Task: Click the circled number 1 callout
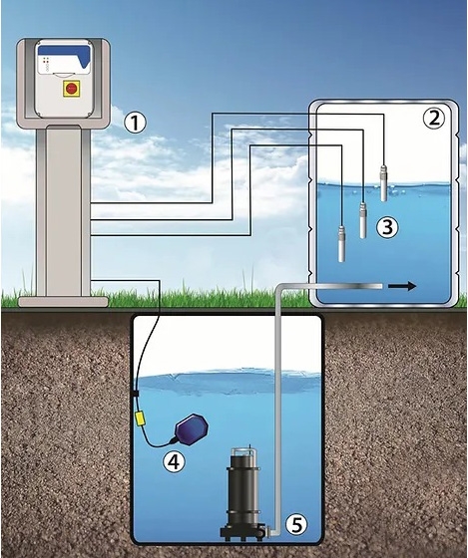(135, 123)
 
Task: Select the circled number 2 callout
(434, 119)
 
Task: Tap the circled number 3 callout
(387, 227)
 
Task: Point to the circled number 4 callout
(174, 461)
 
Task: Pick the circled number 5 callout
(297, 524)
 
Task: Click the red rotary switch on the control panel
(71, 88)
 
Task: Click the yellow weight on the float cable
(139, 418)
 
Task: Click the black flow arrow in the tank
(402, 286)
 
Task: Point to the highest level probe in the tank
(384, 183)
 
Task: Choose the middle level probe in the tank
(363, 220)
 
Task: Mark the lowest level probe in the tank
(342, 244)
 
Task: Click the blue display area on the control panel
(66, 53)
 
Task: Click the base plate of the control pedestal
(63, 302)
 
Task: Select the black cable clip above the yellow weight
(135, 393)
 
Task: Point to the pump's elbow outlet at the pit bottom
(270, 532)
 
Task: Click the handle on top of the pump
(243, 449)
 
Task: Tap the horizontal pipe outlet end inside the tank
(380, 286)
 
